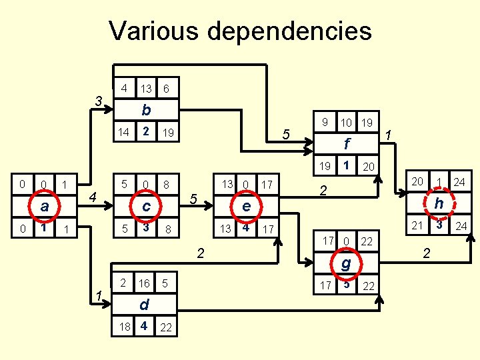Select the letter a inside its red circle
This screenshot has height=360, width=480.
pos(44,207)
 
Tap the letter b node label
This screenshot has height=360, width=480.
pos(145,110)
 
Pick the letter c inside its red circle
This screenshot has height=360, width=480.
pos(146,207)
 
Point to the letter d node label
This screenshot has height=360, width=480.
pos(143,305)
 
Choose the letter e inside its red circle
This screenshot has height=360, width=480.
pos(246,207)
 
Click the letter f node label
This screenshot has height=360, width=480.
pos(347,143)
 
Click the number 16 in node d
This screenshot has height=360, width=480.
pos(144,283)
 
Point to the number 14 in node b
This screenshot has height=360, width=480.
pos(123,132)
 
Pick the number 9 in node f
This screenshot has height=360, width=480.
pos(324,122)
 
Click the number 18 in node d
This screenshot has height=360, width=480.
pos(123,327)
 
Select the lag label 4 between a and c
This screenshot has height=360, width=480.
pos(94,197)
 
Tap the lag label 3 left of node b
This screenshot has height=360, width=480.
pos(98,101)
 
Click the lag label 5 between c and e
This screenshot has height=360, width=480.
pos(193,199)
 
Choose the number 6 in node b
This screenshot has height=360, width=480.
pos(167,89)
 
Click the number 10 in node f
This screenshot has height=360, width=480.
pos(346,123)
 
